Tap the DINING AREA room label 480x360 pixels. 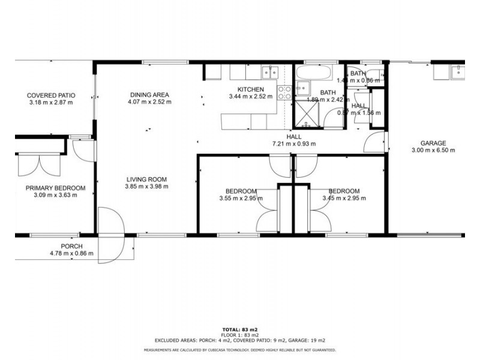pos(150,94)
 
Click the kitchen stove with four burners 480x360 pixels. pos(284,92)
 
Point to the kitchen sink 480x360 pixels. pos(269,73)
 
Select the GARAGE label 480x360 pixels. pos(433,143)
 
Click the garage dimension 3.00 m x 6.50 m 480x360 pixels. pos(433,151)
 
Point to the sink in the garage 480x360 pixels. pos(457,73)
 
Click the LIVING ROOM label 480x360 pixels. pos(146,179)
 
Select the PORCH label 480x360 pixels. pos(71,246)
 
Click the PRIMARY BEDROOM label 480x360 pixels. pos(55,188)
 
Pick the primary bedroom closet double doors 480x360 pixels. pos(38,163)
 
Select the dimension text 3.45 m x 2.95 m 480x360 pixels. pos(344,198)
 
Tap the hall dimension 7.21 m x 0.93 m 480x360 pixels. pos(294,144)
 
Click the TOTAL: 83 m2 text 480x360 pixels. pos(240,329)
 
